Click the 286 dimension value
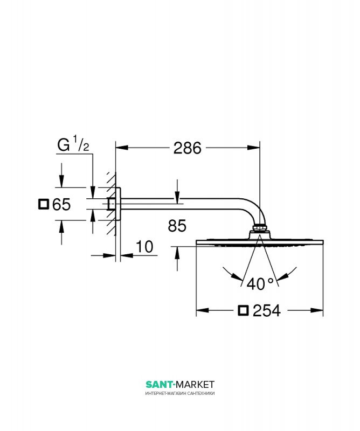(x=188, y=148)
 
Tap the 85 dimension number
(x=177, y=226)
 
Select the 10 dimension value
(x=144, y=247)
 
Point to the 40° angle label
(x=260, y=284)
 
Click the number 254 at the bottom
(x=266, y=311)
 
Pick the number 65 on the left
(x=61, y=205)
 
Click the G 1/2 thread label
(x=73, y=144)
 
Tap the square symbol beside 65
(x=44, y=204)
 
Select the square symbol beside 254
(x=243, y=311)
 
